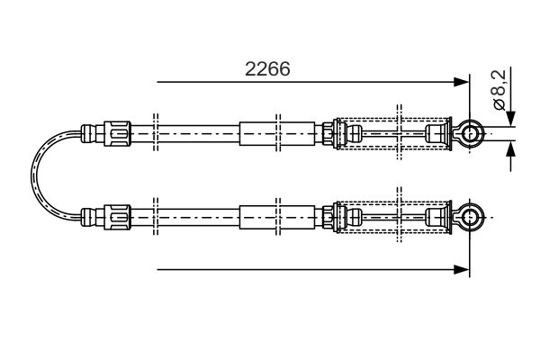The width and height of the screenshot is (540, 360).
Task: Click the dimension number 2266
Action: (267, 69)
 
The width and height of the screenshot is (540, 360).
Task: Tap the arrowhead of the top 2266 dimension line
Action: (461, 82)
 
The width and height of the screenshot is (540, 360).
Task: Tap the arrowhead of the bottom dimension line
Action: (461, 270)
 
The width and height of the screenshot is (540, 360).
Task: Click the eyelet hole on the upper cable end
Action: (470, 133)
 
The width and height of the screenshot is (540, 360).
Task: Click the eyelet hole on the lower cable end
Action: (470, 218)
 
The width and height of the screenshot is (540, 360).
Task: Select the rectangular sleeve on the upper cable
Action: (277, 133)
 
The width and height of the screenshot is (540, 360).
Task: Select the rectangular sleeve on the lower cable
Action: (277, 218)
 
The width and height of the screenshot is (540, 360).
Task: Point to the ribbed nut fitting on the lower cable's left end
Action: (117, 218)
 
